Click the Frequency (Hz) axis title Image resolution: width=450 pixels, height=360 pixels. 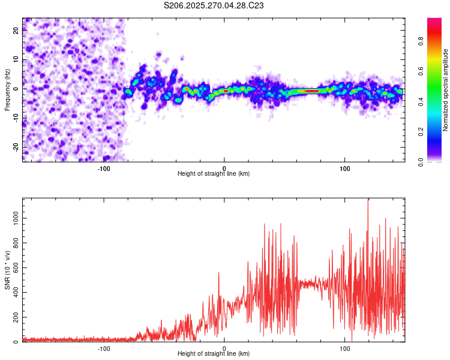pos(7,89)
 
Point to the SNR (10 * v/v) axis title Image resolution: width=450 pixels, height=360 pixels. pos(7,270)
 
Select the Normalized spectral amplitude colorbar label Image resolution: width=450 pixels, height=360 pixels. pos(446,90)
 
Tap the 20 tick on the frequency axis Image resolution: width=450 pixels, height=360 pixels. pos(16,31)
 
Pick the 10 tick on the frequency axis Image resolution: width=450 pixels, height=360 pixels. pos(16,60)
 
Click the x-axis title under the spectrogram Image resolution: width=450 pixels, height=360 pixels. pos(214,173)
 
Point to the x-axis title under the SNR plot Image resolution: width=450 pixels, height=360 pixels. pos(214,354)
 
